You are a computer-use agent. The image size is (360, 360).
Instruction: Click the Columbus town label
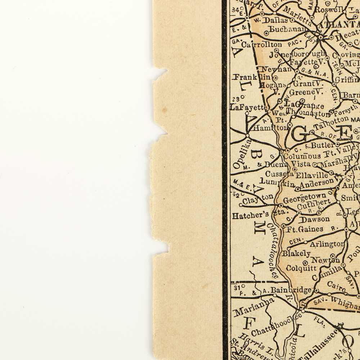[302, 156]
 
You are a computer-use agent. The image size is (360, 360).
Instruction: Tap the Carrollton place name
[262, 45]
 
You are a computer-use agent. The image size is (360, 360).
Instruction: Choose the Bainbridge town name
[291, 289]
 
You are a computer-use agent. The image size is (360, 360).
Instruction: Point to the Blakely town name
[296, 253]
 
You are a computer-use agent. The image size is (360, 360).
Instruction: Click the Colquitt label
[302, 268]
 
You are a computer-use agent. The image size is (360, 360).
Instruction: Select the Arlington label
[327, 244]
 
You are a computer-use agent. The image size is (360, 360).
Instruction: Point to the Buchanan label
[288, 30]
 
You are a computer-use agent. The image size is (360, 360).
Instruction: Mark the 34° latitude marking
[236, 9]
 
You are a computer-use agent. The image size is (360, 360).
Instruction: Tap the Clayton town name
[258, 199]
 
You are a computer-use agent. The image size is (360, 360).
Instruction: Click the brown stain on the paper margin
[165, 108]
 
